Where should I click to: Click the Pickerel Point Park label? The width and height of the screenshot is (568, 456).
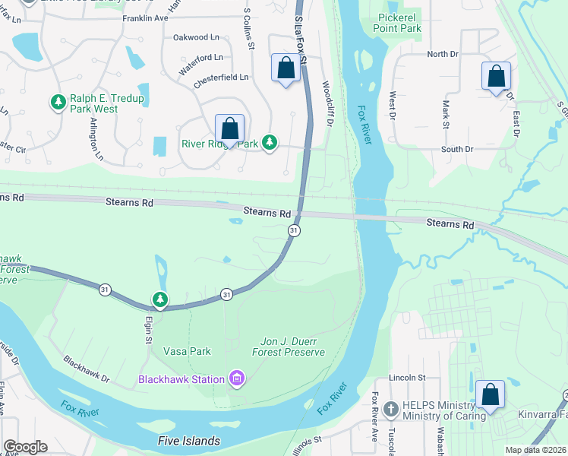[x=398, y=22]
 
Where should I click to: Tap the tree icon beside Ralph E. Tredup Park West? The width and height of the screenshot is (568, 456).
[x=58, y=101]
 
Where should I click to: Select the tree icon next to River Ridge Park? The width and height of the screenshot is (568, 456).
[x=269, y=142]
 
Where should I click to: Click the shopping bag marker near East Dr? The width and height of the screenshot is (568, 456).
[x=496, y=76]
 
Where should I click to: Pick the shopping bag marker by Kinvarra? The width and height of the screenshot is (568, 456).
[x=491, y=394]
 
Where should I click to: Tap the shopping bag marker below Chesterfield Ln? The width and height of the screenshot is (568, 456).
[x=286, y=68]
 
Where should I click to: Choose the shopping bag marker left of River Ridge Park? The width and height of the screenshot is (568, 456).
[x=229, y=128]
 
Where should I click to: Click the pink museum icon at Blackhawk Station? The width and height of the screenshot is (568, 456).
[x=237, y=378]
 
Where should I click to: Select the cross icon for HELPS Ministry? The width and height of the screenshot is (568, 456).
[x=390, y=409]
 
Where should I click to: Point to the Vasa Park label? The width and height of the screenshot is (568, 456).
[x=187, y=351]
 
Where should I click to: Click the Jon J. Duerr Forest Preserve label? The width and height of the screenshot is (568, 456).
[x=288, y=347]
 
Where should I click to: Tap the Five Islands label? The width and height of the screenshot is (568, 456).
[x=188, y=441]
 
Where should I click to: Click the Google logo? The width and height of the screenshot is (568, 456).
[x=25, y=447]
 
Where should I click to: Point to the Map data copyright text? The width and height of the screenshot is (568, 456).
[x=535, y=450]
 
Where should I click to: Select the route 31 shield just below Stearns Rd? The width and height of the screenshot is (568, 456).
[x=293, y=230]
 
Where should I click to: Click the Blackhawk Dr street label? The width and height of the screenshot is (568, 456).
[x=87, y=369]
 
